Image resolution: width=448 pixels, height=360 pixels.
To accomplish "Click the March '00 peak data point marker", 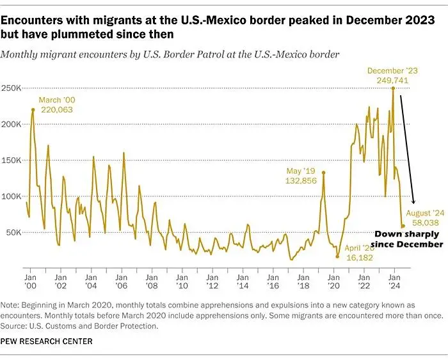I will click(33, 109).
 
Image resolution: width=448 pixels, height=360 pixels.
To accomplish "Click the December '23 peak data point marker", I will click(393, 88).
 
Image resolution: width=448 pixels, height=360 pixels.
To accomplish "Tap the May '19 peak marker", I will click(323, 173).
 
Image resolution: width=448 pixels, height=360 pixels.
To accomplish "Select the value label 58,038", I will click(424, 222).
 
